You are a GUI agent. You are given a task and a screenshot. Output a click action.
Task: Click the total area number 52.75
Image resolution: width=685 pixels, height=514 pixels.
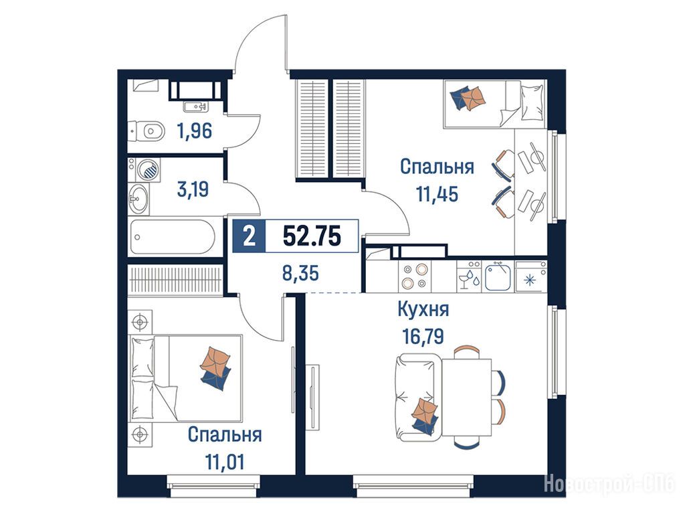coord(312,236)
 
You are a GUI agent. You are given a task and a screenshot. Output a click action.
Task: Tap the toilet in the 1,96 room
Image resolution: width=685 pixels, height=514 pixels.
coord(147,131)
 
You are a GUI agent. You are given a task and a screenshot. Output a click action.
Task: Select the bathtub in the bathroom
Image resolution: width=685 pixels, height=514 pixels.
coord(173,236)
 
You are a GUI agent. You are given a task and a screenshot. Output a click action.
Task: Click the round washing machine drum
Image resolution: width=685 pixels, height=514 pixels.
coord(148,169)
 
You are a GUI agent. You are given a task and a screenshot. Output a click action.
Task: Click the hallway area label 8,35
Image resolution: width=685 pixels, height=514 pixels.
coord(300,274)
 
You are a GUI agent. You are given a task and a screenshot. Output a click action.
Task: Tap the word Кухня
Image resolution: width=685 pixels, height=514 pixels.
coord(423,309)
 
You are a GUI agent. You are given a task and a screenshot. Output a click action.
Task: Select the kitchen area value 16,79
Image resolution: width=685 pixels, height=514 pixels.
coord(423,337)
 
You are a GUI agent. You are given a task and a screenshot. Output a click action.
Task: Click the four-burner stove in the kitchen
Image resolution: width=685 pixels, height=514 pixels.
coord(414,276)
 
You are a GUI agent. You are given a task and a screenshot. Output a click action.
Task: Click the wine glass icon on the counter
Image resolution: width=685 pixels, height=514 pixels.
coord(464,279)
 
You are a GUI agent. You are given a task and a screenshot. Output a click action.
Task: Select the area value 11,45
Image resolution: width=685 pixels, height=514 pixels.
coord(437,194)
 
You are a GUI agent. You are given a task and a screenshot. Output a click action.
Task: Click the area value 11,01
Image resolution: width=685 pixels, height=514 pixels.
coord(225,462)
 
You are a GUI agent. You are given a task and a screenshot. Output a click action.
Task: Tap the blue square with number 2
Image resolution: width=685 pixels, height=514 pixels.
coord(249,236)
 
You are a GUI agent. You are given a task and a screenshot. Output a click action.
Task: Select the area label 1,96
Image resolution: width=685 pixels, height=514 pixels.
coord(195,131)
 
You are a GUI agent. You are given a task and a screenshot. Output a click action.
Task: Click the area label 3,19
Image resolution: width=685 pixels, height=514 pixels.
coord(193,189)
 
